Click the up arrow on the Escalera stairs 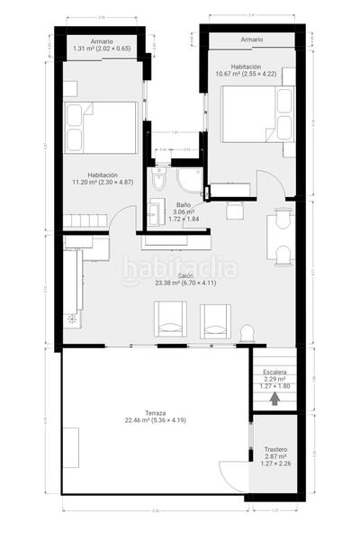pyautogui.click(x=275, y=400)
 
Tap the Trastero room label pyautogui.click(x=275, y=456)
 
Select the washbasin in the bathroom pyautogui.click(x=154, y=214)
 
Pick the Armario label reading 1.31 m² pyautogui.click(x=101, y=45)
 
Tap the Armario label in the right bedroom pyautogui.click(x=252, y=40)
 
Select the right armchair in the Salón pyautogui.click(x=215, y=319)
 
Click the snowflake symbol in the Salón pyautogui.click(x=71, y=318)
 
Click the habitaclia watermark pyautogui.click(x=180, y=267)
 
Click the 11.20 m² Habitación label pyautogui.click(x=102, y=178)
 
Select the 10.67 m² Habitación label pyautogui.click(x=246, y=71)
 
